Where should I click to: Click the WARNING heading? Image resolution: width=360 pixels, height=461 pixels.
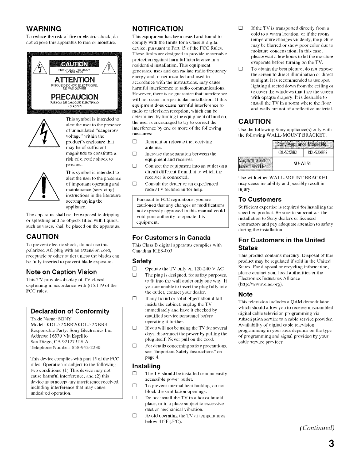[43, 29]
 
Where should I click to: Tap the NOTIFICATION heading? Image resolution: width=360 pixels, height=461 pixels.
[157, 29]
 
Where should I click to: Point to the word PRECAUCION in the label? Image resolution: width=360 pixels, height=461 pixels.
[75, 97]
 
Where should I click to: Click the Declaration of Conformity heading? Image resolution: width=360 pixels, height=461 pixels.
[70, 311]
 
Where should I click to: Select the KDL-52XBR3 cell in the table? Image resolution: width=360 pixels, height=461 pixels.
[318, 153]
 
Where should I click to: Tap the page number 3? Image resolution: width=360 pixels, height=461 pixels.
[331, 444]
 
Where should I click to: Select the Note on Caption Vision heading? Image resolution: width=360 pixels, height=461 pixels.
[61, 272]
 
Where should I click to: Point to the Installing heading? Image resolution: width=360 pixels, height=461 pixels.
[146, 366]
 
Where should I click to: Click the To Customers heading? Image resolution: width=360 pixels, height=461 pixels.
[260, 199]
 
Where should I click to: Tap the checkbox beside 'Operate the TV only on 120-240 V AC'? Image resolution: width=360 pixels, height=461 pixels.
[135, 269]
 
